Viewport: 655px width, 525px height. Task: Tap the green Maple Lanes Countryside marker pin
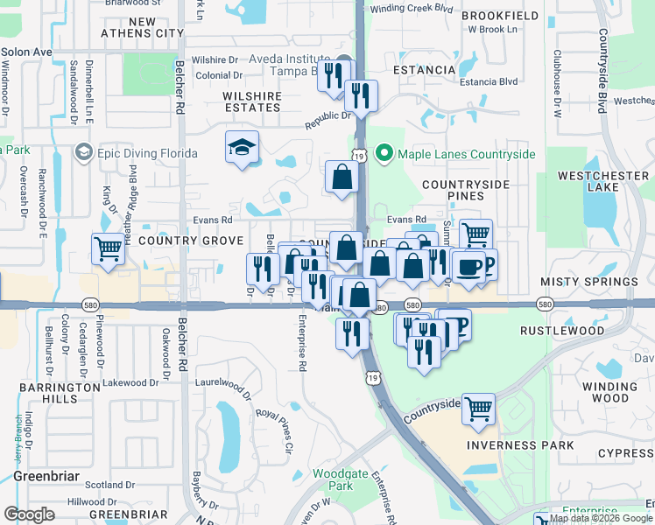(x=384, y=154)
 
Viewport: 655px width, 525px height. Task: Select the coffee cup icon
(x=468, y=267)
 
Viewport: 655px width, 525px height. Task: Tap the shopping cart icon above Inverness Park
(x=478, y=409)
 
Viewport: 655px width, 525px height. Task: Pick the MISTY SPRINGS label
(x=588, y=282)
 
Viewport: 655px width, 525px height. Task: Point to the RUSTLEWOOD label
(x=562, y=332)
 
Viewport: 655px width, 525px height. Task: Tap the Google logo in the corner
(x=29, y=514)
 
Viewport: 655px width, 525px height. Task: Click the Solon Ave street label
(x=26, y=52)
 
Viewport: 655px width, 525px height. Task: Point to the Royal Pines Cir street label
(x=274, y=428)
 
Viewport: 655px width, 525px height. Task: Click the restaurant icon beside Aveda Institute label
(x=333, y=75)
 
